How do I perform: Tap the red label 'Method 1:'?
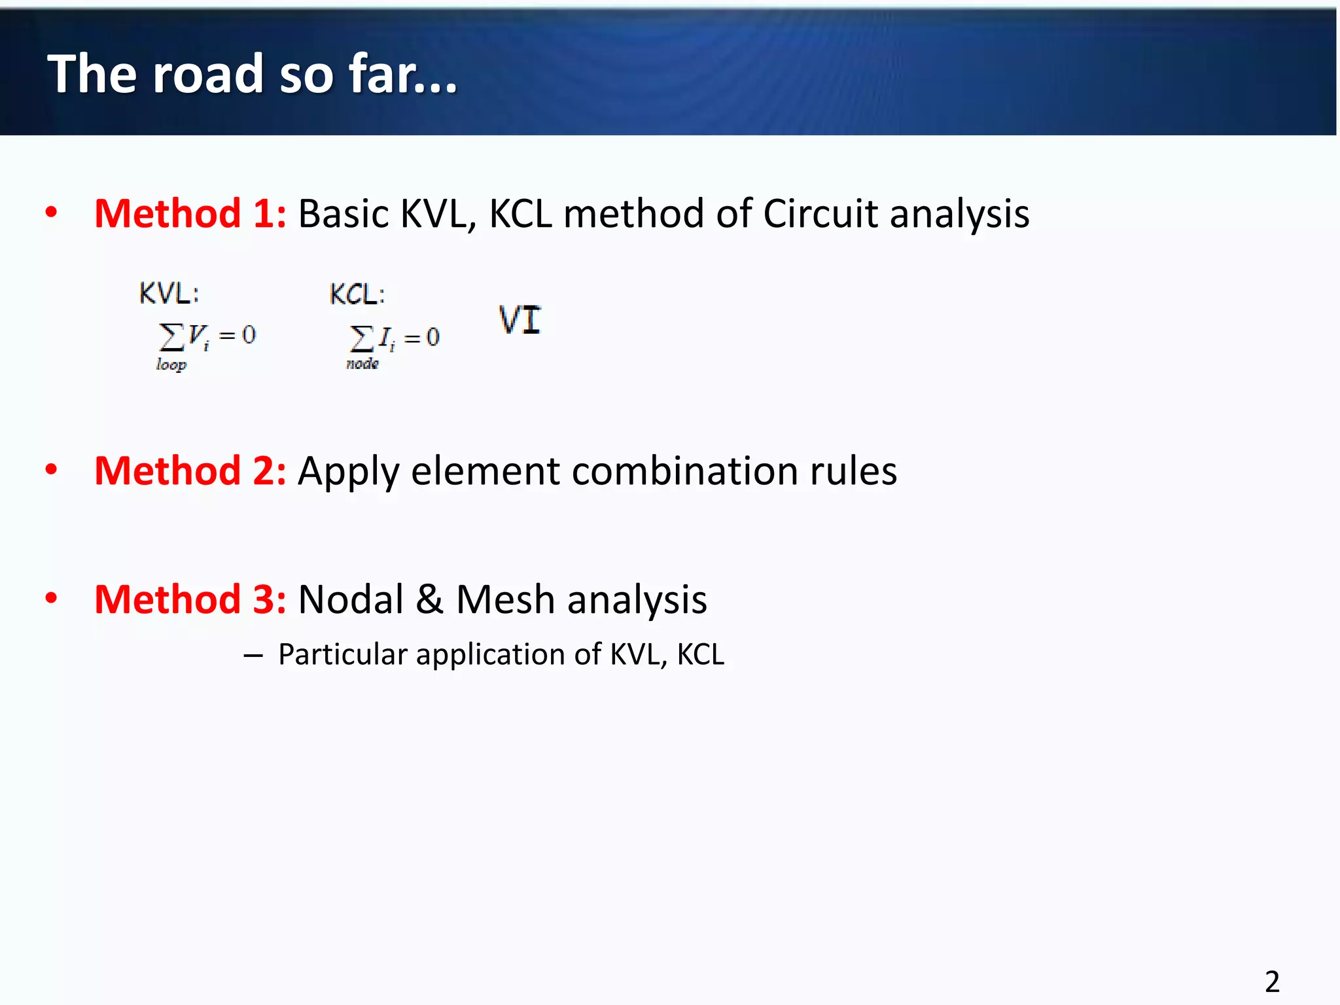pos(190,214)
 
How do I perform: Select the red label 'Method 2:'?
pos(190,471)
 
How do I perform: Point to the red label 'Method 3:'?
pos(190,599)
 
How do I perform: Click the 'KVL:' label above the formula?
pos(169,293)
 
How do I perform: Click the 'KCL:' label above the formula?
pos(357,294)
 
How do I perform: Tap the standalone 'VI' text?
pos(520,321)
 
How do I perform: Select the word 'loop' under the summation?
pos(171,364)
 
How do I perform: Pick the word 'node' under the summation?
pos(362,364)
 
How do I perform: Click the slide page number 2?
pos(1272,981)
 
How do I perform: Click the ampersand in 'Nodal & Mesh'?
pos(429,599)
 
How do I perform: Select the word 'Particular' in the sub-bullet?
pos(343,654)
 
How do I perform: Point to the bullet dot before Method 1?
pos(51,212)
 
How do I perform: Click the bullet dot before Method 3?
pos(51,597)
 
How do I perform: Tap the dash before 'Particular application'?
pos(253,656)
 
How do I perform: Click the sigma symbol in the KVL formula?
pos(171,337)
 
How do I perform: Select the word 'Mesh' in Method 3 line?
pos(505,599)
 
